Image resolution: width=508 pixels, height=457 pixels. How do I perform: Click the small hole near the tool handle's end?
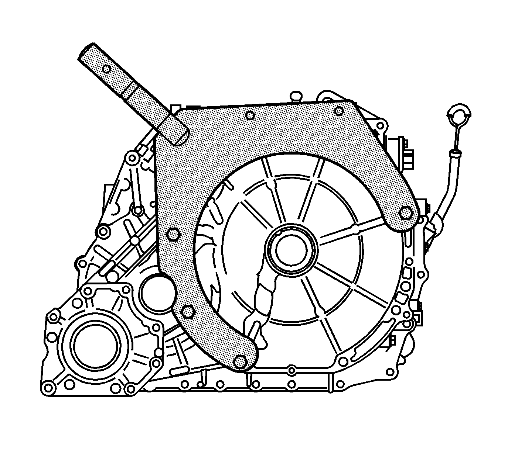107,69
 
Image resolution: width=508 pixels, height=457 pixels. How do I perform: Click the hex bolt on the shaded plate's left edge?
172,234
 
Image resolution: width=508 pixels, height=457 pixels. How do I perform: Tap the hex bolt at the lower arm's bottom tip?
240,361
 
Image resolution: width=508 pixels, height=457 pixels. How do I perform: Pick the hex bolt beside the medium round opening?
188,312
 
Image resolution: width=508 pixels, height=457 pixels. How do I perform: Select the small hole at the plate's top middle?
250,115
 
